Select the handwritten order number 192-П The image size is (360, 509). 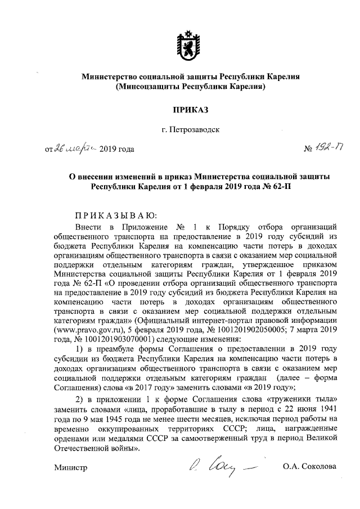[x=323, y=148]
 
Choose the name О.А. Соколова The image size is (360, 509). [x=310, y=467]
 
